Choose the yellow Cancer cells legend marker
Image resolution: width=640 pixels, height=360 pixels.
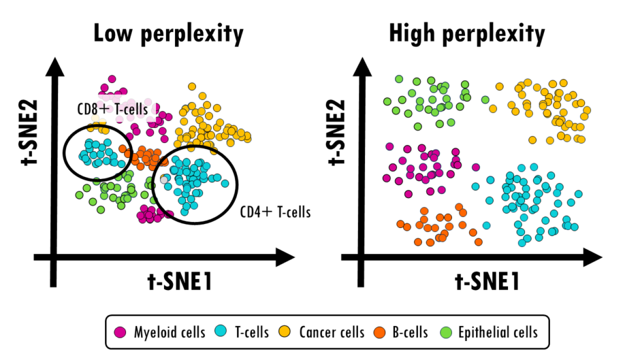287,332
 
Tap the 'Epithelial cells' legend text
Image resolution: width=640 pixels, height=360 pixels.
498,333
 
